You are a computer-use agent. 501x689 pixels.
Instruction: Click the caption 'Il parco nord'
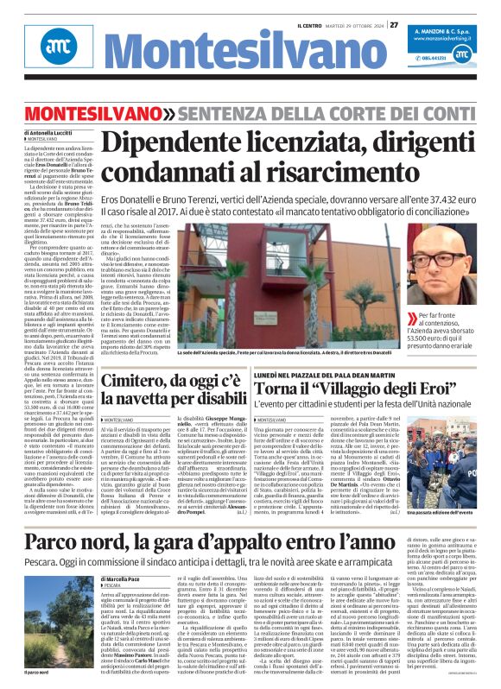point(38,671)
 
